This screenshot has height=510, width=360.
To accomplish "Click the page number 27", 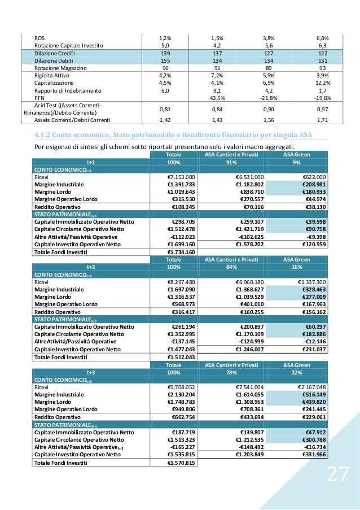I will coord(337,475).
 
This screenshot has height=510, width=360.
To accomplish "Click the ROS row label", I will coord(39,38).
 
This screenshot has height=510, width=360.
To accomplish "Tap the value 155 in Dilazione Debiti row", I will coord(165,60).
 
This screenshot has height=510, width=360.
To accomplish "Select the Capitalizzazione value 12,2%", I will coord(322,82).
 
